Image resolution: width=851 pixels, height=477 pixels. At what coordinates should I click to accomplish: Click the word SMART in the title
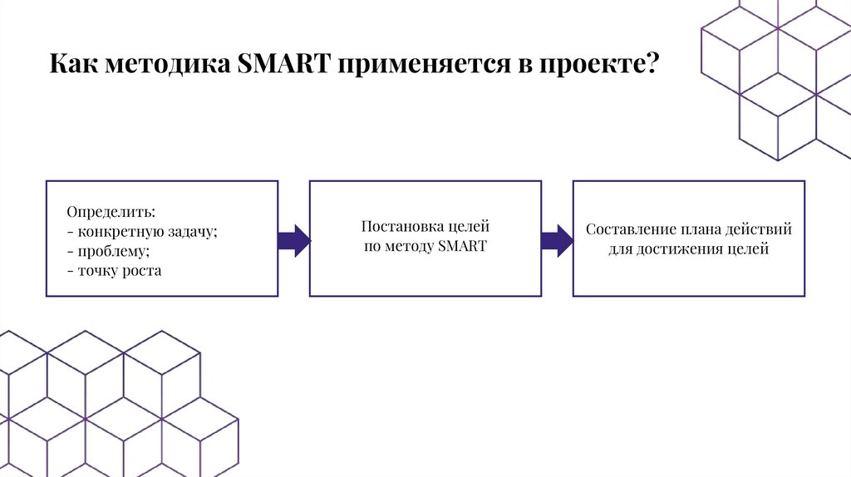[283, 64]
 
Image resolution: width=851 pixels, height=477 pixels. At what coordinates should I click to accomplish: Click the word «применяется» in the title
[422, 64]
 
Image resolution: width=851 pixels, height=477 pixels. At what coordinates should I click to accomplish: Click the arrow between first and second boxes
[293, 240]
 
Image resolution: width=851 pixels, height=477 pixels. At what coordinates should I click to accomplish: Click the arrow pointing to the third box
[556, 240]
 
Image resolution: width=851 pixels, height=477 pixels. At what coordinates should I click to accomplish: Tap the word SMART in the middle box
[461, 247]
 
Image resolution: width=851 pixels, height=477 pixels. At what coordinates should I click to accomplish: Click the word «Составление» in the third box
[632, 229]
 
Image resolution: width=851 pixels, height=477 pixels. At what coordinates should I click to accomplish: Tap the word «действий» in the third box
[760, 229]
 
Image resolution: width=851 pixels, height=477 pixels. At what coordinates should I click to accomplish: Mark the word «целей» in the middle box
[470, 226]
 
